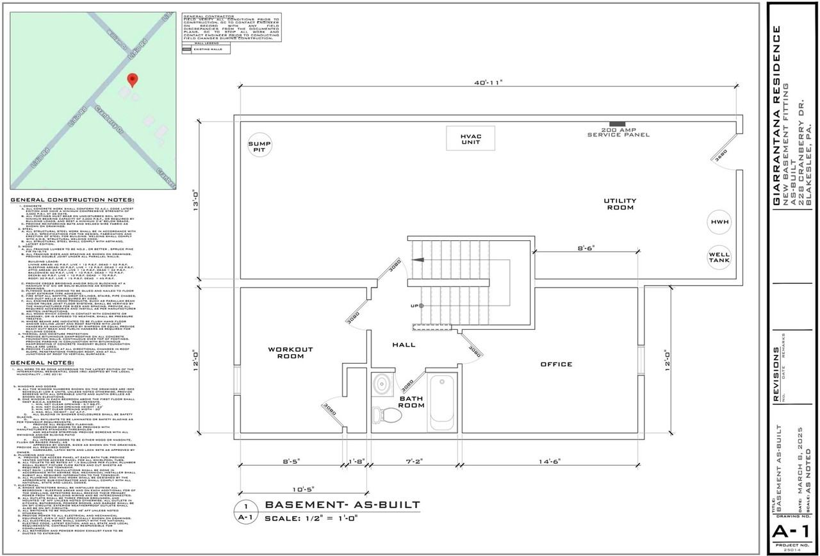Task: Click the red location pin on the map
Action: [133, 80]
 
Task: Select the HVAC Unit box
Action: [470, 139]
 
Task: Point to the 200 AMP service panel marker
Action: [618, 123]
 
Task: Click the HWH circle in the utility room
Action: [719, 222]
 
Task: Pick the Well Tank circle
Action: [719, 258]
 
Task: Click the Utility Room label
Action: [618, 204]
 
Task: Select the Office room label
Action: [556, 364]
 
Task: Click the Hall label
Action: [404, 345]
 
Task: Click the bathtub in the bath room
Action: [441, 402]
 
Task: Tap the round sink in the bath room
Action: [383, 384]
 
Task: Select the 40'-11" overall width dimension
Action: [489, 83]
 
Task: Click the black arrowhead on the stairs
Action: [417, 260]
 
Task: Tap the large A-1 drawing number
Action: [792, 532]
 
